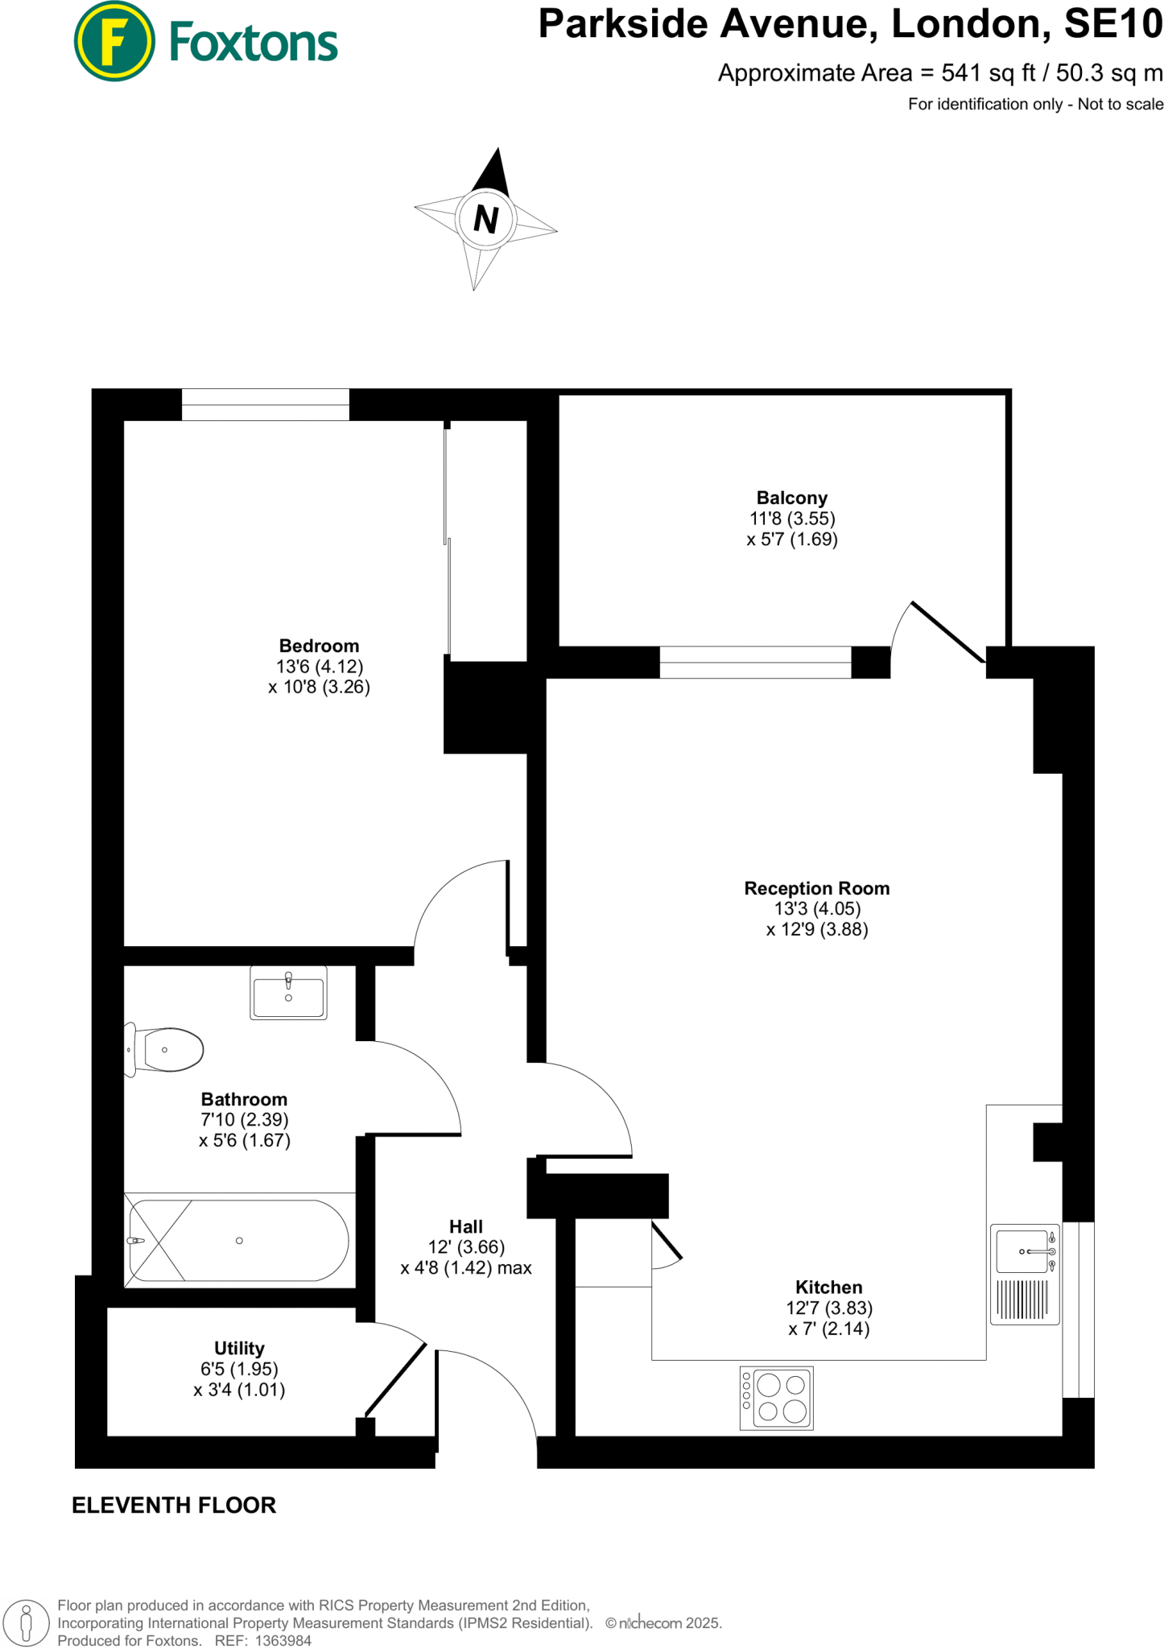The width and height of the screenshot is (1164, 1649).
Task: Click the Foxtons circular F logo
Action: [114, 41]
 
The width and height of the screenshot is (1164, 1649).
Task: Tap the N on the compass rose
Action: [485, 219]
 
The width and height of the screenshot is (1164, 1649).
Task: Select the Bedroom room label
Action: [319, 646]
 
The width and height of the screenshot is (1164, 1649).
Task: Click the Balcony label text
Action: [791, 498]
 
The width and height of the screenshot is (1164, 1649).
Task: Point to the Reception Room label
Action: [816, 888]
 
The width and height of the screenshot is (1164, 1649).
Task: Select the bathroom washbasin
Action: [288, 994]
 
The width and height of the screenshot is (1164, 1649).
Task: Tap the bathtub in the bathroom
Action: [239, 1241]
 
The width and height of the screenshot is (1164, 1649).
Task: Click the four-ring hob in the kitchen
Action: [776, 1398]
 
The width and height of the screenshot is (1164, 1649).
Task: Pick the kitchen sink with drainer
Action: [1024, 1275]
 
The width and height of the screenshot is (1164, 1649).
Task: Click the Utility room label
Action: [239, 1348]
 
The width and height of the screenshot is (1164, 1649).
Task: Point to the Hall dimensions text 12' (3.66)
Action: [466, 1247]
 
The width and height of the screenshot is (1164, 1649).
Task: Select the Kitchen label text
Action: [828, 1287]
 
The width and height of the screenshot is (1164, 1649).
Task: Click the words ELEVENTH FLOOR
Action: [174, 1505]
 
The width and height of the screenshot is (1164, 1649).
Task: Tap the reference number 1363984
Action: [283, 1640]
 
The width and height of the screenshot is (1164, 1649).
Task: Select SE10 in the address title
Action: [1112, 24]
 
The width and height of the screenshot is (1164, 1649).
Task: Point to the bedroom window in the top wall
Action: [265, 404]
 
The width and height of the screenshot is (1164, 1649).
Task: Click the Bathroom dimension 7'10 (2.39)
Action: [244, 1120]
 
